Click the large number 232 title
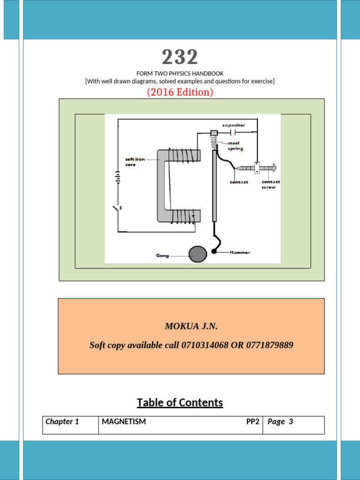(x=180, y=57)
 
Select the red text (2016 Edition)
(x=180, y=92)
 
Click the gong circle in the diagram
(x=197, y=255)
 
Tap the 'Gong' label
(x=162, y=255)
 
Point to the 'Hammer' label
(x=240, y=252)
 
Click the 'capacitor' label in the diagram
(x=233, y=125)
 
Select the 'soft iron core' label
(x=135, y=162)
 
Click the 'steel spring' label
(x=235, y=146)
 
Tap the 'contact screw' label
(x=270, y=184)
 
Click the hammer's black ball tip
(x=214, y=252)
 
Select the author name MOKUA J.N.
(x=191, y=326)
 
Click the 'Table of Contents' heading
(x=180, y=403)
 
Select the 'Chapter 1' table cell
(x=62, y=421)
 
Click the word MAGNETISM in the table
(x=124, y=421)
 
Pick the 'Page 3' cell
(x=280, y=421)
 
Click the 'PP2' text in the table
(x=253, y=421)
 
